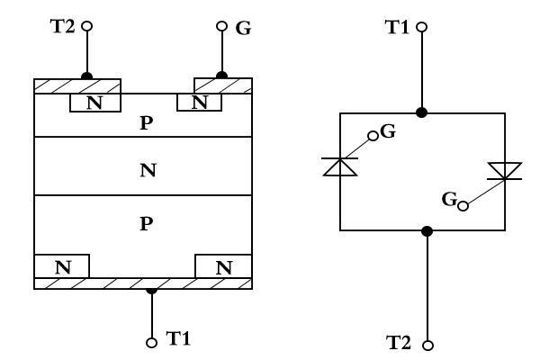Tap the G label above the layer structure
coord(242,28)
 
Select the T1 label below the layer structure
coord(179,339)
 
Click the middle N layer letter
coord(148,169)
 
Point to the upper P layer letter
coord(148,122)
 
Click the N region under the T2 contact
coord(94,103)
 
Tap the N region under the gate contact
coord(200,103)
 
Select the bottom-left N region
coord(61,267)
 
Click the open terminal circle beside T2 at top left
coord(87,26)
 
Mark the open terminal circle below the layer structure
coord(152,341)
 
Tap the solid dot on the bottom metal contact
coord(152,290)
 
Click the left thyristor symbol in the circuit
coord(339,166)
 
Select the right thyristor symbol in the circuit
coord(499,172)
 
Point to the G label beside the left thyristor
coord(388,132)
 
